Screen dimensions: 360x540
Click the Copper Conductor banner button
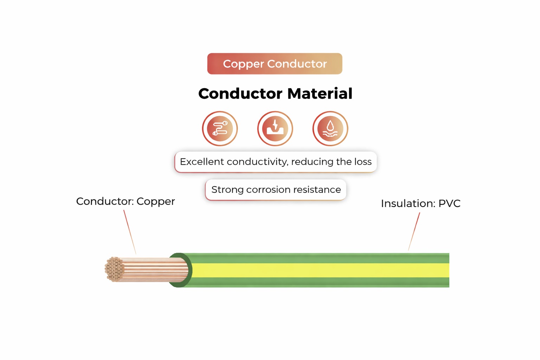(275, 64)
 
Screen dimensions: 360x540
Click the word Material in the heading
(320, 94)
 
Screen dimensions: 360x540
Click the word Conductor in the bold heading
(240, 94)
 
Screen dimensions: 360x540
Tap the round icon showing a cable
(220, 128)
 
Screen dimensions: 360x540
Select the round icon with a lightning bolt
(275, 128)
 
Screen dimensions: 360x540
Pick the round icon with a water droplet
(330, 128)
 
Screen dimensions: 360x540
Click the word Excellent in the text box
(202, 162)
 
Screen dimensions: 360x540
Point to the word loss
(363, 162)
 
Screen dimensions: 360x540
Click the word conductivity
(258, 162)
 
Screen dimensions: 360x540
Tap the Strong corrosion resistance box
(276, 190)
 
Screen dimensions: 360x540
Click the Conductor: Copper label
(126, 201)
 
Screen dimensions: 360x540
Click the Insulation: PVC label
(420, 204)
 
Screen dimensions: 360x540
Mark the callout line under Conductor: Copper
(130, 232)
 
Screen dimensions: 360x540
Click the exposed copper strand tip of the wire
(114, 269)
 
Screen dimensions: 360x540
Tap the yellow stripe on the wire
(316, 270)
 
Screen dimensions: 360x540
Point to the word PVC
(449, 204)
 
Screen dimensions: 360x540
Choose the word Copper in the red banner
(243, 64)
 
